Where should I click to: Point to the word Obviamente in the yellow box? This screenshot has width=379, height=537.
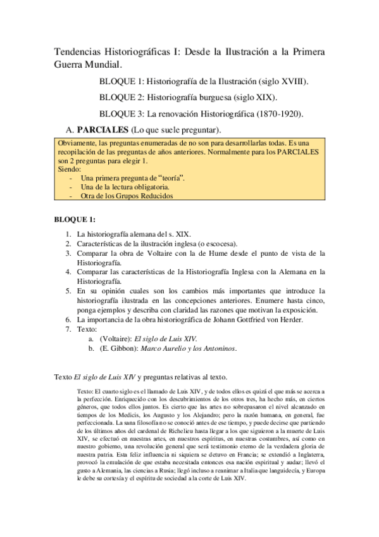click(x=77, y=144)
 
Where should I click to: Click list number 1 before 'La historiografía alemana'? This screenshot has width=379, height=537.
click(x=68, y=234)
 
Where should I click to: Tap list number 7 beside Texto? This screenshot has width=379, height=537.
click(x=68, y=329)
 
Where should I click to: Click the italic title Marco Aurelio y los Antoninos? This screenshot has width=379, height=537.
click(x=182, y=348)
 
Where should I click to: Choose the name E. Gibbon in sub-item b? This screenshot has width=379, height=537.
click(x=116, y=348)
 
